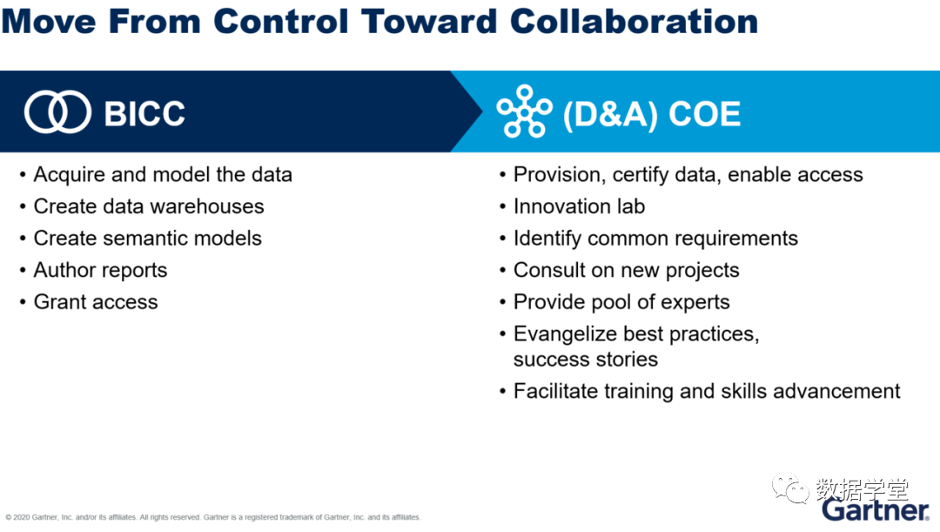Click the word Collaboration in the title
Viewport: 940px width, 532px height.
[634, 21]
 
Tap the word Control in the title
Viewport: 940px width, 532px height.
[280, 21]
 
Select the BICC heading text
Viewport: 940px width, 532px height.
[144, 113]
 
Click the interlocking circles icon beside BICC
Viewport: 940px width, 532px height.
[57, 111]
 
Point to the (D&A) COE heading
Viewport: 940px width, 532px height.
[652, 114]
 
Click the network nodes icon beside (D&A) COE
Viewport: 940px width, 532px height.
[525, 111]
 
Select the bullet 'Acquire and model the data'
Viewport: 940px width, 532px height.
[163, 174]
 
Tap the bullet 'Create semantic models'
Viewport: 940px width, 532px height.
[147, 238]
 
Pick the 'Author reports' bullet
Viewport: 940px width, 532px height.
[100, 271]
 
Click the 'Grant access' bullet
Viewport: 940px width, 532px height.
[96, 301]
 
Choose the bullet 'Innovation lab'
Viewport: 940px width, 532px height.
[579, 206]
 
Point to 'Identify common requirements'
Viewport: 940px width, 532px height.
[656, 239]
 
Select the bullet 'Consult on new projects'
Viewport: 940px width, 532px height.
[627, 271]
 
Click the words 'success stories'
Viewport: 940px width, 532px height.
[586, 360]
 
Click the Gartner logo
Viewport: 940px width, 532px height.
[876, 510]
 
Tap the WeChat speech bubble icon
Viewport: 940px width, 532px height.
[790, 488]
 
